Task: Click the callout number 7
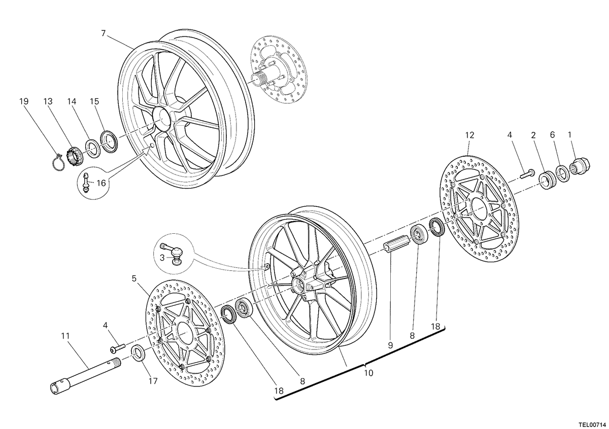tap(104, 33)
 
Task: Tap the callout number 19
tap(24, 101)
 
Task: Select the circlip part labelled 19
tap(58, 162)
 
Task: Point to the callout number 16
tap(101, 183)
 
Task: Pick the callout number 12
tap(469, 135)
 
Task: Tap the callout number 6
tap(552, 135)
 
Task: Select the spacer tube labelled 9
tap(396, 244)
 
